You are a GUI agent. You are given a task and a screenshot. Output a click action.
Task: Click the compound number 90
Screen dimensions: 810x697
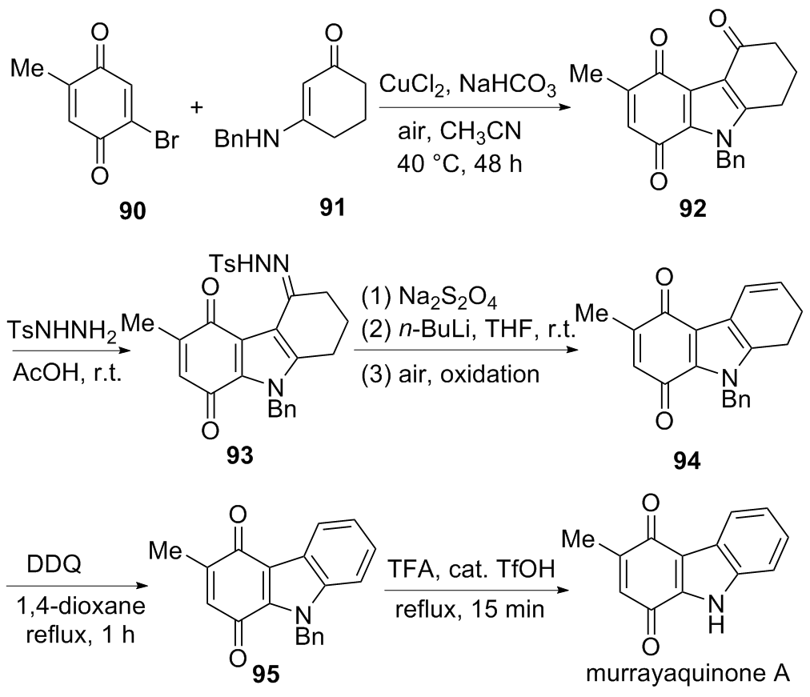pos(133,210)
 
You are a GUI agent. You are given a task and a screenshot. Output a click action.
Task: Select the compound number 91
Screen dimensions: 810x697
pos(331,207)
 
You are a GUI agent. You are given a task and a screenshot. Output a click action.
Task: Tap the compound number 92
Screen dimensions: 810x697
pos(692,208)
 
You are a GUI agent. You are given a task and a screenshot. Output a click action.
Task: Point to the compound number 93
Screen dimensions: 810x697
pos(239,455)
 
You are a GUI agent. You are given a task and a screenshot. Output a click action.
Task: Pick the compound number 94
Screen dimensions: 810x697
pos(687,461)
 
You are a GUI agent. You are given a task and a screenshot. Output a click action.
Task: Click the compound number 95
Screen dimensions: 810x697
pos(266,675)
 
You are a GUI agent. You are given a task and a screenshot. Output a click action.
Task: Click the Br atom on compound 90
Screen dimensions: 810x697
pos(166,140)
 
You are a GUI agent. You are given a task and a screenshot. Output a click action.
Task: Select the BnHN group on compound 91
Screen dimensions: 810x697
pos(247,139)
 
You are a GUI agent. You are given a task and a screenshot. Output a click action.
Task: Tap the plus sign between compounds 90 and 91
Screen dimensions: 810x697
pos(197,107)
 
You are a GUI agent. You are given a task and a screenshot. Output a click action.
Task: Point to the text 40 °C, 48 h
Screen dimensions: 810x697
pos(459,164)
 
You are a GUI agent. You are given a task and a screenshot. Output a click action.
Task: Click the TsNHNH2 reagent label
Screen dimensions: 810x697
pos(62,330)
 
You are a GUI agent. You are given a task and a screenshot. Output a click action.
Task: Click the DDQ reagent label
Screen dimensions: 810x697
pos(54,565)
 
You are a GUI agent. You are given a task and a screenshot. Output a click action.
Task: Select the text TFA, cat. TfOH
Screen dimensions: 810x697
pos(471,569)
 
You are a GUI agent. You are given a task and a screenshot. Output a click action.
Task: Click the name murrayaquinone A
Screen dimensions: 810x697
pos(688,673)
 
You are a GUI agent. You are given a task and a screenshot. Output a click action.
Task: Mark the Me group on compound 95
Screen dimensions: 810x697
pos(166,551)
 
